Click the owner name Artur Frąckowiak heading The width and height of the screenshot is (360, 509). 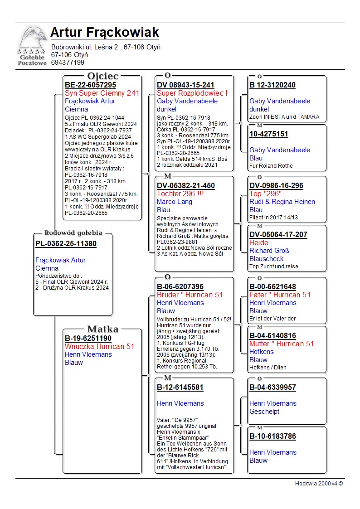pyautogui.click(x=104, y=33)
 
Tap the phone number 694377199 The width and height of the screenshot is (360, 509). pyautogui.click(x=68, y=63)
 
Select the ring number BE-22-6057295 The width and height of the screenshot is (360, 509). pyautogui.click(x=91, y=85)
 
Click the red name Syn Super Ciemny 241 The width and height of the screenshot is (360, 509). pyautogui.click(x=102, y=93)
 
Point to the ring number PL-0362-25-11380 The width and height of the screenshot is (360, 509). pyautogui.click(x=66, y=243)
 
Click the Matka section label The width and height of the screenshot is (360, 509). pyautogui.click(x=102, y=329)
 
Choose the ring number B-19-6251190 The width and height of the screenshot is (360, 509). pyautogui.click(x=88, y=338)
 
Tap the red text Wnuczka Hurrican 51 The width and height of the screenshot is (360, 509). pyautogui.click(x=99, y=346)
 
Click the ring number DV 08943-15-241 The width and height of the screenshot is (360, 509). pyautogui.click(x=185, y=85)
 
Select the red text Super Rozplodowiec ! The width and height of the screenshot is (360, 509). pyautogui.click(x=192, y=93)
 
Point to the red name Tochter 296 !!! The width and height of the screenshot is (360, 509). pyautogui.click(x=180, y=194)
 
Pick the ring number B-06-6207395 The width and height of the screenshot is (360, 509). pyautogui.click(x=180, y=286)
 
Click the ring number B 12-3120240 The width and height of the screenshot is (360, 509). pyautogui.click(x=272, y=85)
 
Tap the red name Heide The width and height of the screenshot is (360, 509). pyautogui.click(x=259, y=242)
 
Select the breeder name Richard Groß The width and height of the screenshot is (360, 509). pyautogui.click(x=269, y=251)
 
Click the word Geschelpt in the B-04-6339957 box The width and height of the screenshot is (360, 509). pyautogui.click(x=264, y=412)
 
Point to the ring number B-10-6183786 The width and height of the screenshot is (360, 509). pyautogui.click(x=272, y=436)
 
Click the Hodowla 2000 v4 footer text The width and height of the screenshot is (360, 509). pyautogui.click(x=319, y=483)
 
